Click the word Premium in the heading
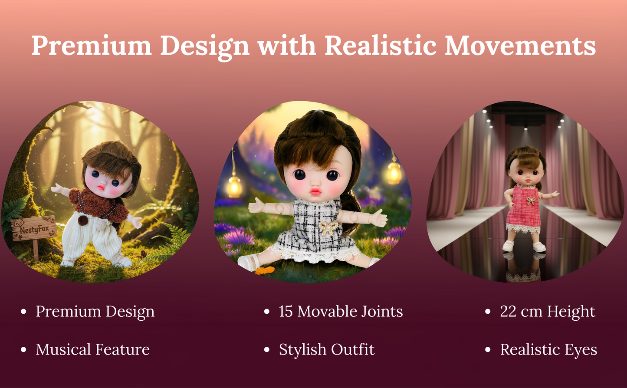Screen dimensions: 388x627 pyautogui.click(x=91, y=45)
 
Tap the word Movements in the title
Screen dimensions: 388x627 pyautogui.click(x=520, y=45)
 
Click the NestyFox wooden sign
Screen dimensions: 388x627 pyautogui.click(x=34, y=229)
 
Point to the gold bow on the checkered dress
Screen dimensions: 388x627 pyautogui.click(x=328, y=227)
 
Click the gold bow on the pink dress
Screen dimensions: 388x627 pyautogui.click(x=530, y=201)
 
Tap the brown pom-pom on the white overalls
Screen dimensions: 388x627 pyautogui.click(x=81, y=220)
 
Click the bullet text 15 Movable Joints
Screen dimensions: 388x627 pyautogui.click(x=341, y=312)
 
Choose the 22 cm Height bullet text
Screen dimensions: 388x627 pyautogui.click(x=548, y=312)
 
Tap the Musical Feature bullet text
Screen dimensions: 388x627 pyautogui.click(x=92, y=350)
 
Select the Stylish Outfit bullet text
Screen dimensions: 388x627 pyautogui.click(x=326, y=350)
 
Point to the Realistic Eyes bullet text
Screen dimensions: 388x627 pyautogui.click(x=548, y=350)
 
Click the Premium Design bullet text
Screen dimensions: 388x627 pyautogui.click(x=95, y=312)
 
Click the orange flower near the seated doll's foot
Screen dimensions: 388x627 pyautogui.click(x=265, y=270)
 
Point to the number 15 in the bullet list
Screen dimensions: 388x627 pyautogui.click(x=286, y=312)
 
